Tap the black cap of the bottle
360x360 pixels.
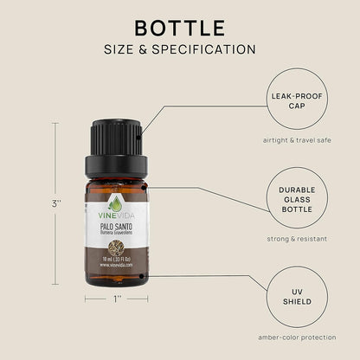[x=115, y=143]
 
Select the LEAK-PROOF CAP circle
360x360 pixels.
[x=299, y=99]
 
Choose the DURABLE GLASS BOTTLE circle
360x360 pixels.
[x=299, y=197]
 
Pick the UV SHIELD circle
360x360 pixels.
[x=299, y=296]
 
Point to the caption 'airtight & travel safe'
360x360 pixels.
[x=299, y=139]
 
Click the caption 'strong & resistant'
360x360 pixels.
[x=299, y=238]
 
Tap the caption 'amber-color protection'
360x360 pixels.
[x=299, y=337]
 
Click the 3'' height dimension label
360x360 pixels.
[x=55, y=203]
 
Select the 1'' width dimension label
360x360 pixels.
[x=115, y=299]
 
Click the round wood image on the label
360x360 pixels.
[x=115, y=246]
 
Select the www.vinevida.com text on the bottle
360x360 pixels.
[x=115, y=267]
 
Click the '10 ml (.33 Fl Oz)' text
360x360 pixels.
[x=115, y=260]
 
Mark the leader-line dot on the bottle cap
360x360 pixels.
[x=142, y=133]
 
